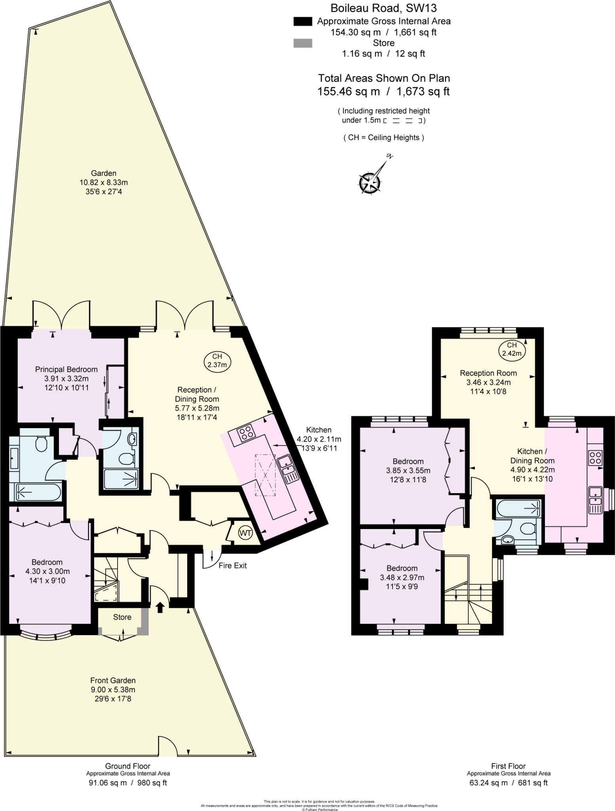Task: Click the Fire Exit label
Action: click(232, 565)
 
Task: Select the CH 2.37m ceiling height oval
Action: click(217, 361)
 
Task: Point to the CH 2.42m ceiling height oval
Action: click(512, 349)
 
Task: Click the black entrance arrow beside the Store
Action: click(160, 607)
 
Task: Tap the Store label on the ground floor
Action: click(122, 617)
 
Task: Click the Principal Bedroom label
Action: click(66, 369)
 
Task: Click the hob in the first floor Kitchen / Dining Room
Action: click(595, 458)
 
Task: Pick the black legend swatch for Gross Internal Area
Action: click(303, 21)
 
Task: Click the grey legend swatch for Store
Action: click(303, 43)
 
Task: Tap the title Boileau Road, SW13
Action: click(383, 8)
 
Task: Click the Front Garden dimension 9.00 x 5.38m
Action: click(113, 690)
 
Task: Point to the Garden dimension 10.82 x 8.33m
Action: click(104, 183)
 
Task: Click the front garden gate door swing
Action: click(168, 746)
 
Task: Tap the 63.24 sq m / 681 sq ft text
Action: click(508, 783)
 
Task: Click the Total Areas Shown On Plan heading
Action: click(384, 78)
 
